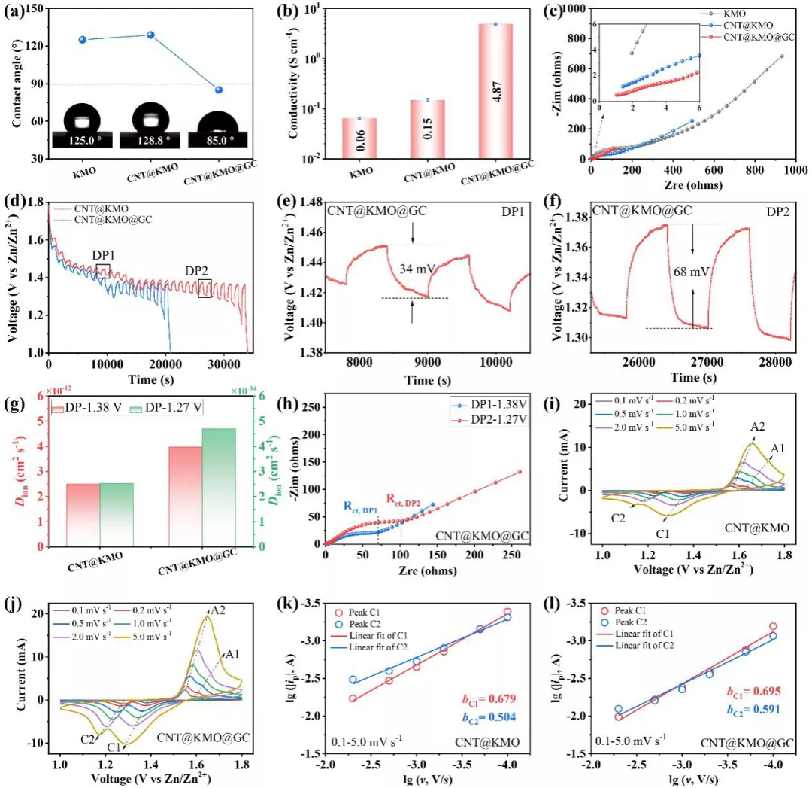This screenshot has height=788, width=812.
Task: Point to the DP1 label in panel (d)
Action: click(x=102, y=256)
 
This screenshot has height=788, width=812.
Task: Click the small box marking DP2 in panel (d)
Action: click(x=205, y=288)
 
